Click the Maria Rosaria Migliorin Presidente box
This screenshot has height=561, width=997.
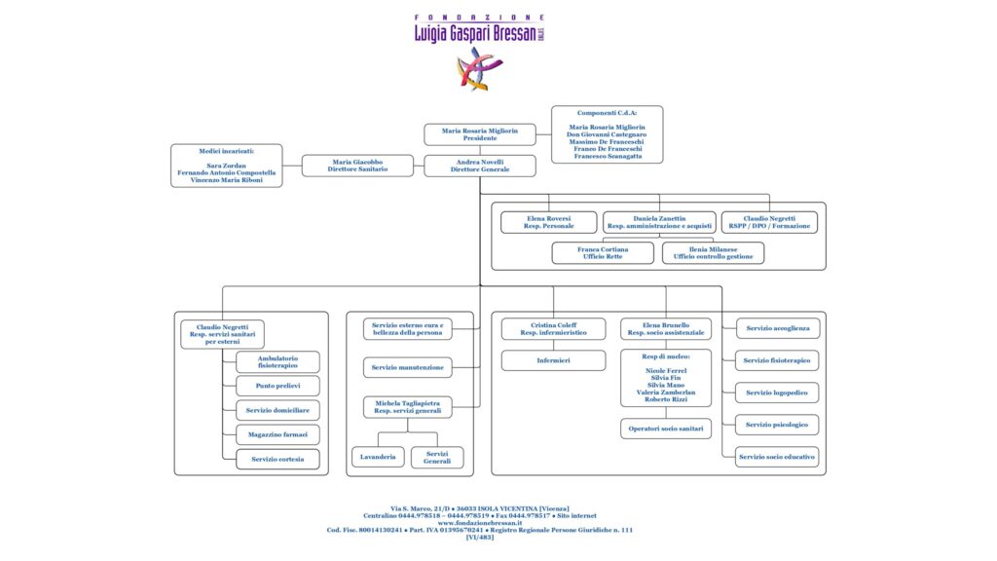click(480, 134)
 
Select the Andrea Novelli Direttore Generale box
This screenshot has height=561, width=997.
click(480, 166)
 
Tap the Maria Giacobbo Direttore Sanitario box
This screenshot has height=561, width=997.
click(357, 166)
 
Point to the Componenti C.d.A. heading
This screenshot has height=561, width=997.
click(607, 113)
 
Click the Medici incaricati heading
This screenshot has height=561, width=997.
click(226, 152)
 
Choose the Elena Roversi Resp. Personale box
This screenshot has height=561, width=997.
click(548, 222)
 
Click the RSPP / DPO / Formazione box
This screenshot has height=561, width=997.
click(769, 222)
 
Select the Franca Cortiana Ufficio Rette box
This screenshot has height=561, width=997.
click(603, 253)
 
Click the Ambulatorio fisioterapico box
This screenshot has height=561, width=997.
click(277, 362)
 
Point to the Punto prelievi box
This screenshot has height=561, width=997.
click(277, 387)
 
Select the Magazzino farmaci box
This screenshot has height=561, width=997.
click(277, 434)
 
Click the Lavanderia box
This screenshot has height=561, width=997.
click(377, 457)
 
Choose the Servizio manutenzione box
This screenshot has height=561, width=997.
click(407, 367)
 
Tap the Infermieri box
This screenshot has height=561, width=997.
click(554, 360)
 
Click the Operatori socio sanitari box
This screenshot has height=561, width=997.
click(666, 428)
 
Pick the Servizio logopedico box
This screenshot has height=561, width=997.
click(776, 393)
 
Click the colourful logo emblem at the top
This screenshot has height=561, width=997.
click(480, 68)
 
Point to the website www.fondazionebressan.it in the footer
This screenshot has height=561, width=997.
click(479, 523)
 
